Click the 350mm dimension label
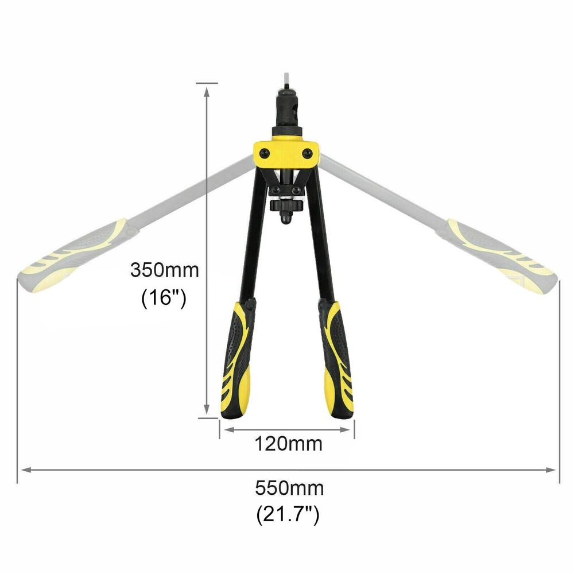(x=165, y=270)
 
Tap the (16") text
(x=164, y=297)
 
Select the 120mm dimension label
(x=289, y=444)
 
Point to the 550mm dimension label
(x=289, y=488)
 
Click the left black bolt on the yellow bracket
(x=263, y=153)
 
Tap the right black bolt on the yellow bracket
(x=308, y=153)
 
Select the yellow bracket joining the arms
(x=286, y=153)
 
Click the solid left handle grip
(x=236, y=360)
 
